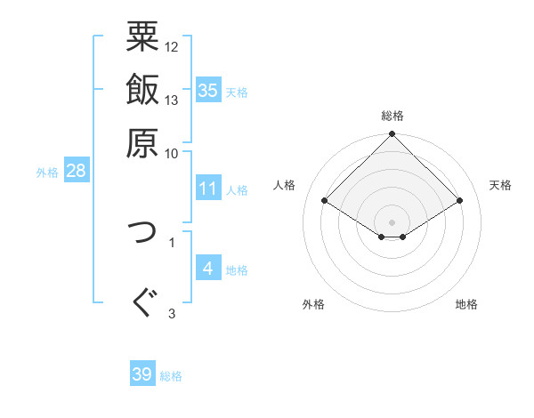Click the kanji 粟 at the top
142,36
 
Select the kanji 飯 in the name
142,90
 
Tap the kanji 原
142,141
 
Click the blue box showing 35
208,91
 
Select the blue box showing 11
208,189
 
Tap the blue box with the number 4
208,269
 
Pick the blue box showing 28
76,172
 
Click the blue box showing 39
142,374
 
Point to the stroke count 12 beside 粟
172,47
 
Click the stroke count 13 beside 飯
172,100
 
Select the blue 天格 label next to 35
237,92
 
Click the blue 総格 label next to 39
171,376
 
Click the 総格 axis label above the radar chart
392,116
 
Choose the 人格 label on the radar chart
285,185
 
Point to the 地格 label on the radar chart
466,304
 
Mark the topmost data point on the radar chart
392,135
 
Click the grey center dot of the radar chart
392,221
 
